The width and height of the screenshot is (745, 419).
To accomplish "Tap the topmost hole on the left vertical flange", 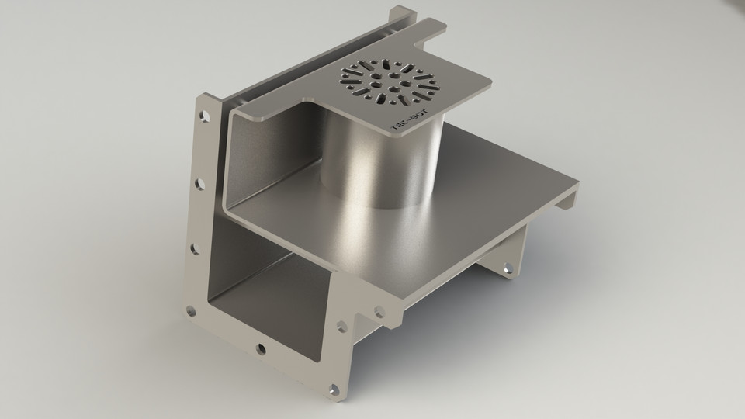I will point(204,117).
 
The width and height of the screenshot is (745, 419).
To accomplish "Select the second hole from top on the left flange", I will point(199,184).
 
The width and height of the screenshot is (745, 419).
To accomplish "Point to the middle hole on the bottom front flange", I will point(261,348).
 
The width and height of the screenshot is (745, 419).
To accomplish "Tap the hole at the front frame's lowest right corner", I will point(334,388).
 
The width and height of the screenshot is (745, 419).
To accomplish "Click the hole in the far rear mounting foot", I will point(508,268).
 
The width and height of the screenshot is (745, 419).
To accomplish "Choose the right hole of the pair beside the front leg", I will point(379,312).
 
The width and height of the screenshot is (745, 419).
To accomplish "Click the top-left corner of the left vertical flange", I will point(203,96).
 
